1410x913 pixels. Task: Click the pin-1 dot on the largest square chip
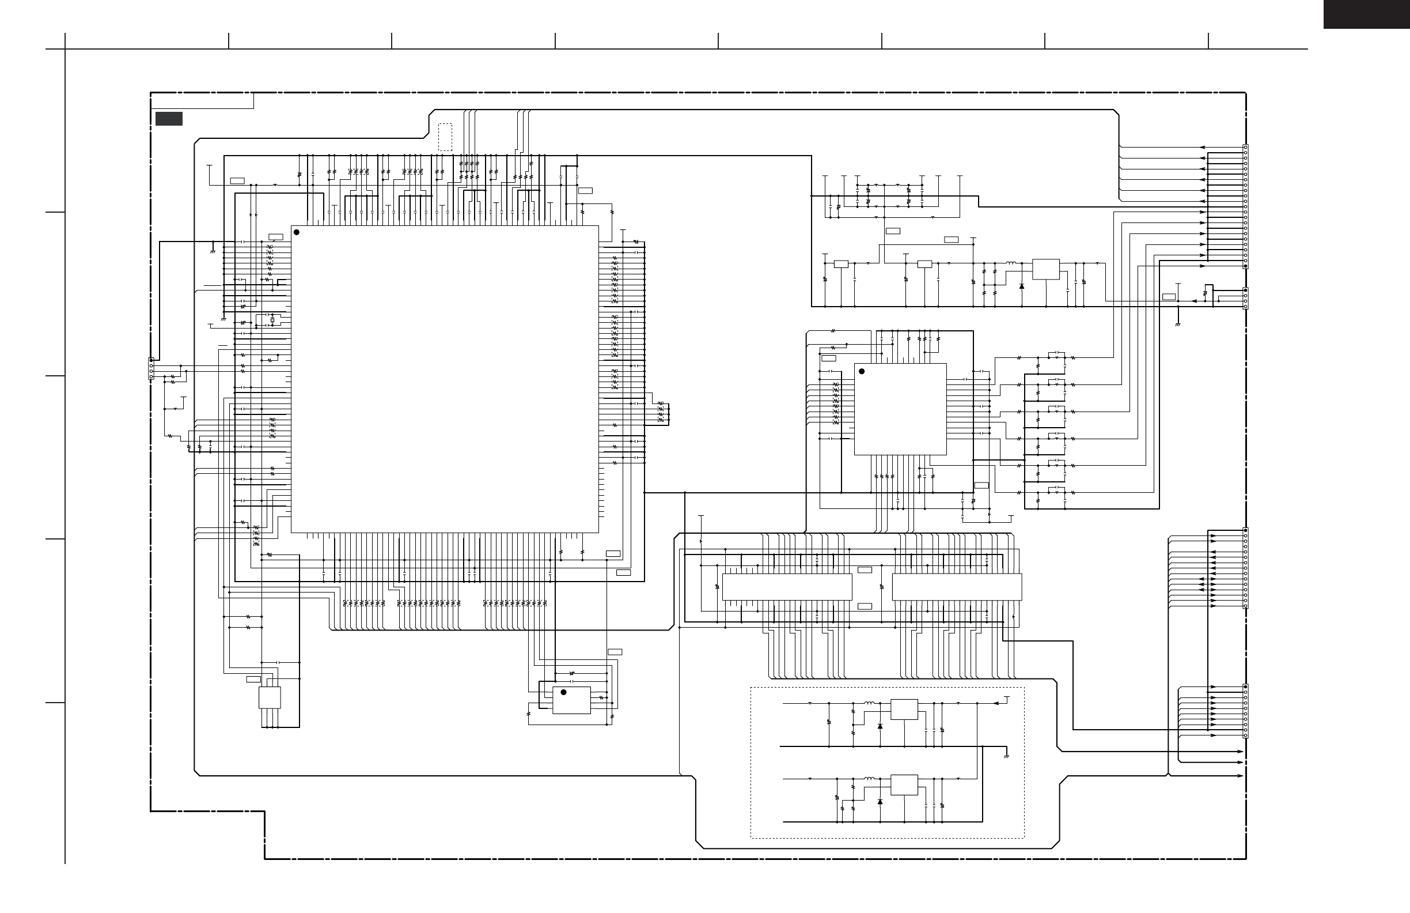pos(297,232)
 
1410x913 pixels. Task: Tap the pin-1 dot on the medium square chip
pos(862,372)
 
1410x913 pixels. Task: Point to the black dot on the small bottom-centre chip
pos(563,692)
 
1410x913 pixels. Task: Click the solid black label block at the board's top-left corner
pos(169,119)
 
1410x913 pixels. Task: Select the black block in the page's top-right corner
pos(1366,14)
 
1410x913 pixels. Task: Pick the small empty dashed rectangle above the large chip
pos(445,137)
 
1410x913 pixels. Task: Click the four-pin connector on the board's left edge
pos(151,369)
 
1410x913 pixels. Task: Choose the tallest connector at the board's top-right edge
pos(1245,206)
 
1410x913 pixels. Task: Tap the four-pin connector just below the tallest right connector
pos(1245,298)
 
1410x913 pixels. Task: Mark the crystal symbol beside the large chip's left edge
pos(272,320)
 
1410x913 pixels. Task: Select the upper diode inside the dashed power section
pos(880,726)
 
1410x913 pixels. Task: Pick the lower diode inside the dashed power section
pos(880,802)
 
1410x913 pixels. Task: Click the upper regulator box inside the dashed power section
pos(905,710)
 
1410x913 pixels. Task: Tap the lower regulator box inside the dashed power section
pos(905,784)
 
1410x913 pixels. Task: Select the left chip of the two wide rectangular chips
pos(787,587)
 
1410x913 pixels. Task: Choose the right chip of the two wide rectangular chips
pos(957,587)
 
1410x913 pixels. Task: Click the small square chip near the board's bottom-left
pos(270,698)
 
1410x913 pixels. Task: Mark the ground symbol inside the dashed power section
pos(1006,756)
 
